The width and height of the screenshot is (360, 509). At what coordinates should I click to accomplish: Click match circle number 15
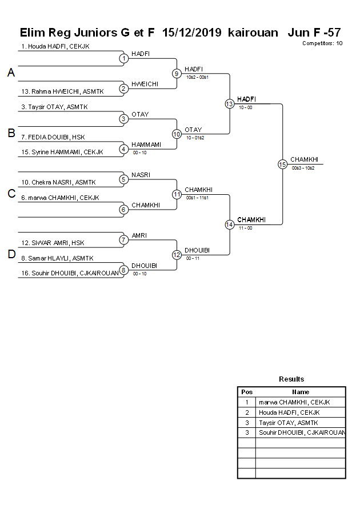tap(282, 165)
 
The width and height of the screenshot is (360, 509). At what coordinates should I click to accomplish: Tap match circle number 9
tap(177, 74)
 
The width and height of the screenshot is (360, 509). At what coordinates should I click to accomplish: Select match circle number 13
tap(229, 104)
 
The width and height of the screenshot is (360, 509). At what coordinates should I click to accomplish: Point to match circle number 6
tap(123, 210)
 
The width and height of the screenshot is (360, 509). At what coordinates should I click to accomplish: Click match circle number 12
tap(177, 255)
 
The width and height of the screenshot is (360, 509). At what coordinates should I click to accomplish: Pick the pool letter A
tap(11, 73)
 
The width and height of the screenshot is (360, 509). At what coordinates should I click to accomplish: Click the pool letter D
tap(11, 255)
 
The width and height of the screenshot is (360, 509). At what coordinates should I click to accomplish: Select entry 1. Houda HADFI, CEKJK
tap(55, 46)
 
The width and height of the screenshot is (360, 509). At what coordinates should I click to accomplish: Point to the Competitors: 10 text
tap(322, 43)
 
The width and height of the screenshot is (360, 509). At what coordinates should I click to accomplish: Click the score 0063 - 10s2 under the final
tap(303, 168)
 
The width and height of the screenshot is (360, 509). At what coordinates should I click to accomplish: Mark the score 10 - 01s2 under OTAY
tap(195, 138)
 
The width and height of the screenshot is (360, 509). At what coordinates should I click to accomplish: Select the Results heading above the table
tap(291, 379)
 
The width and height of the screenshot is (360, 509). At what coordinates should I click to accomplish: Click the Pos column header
tap(247, 392)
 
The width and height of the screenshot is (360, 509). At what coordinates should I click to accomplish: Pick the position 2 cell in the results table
tap(247, 412)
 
